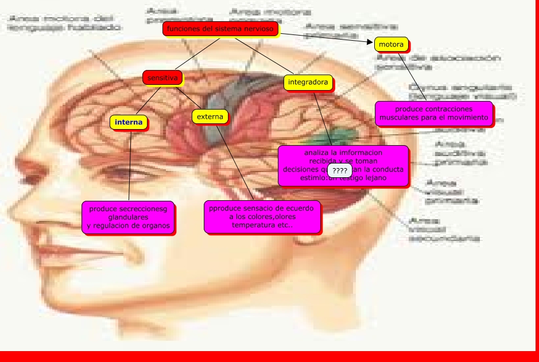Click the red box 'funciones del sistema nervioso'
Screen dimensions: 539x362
point(220,29)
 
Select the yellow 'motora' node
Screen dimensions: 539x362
point(391,44)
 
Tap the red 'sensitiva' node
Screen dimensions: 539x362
point(162,77)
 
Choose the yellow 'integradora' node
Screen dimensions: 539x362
point(308,83)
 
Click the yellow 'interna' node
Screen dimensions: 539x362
point(129,122)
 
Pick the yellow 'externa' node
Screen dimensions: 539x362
point(210,116)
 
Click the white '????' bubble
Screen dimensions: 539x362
point(339,171)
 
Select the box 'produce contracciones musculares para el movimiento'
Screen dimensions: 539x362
point(434,114)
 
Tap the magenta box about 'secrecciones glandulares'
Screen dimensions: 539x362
point(129,217)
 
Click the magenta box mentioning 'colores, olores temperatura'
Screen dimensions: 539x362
point(262,217)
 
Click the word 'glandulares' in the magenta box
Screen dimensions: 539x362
point(129,218)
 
